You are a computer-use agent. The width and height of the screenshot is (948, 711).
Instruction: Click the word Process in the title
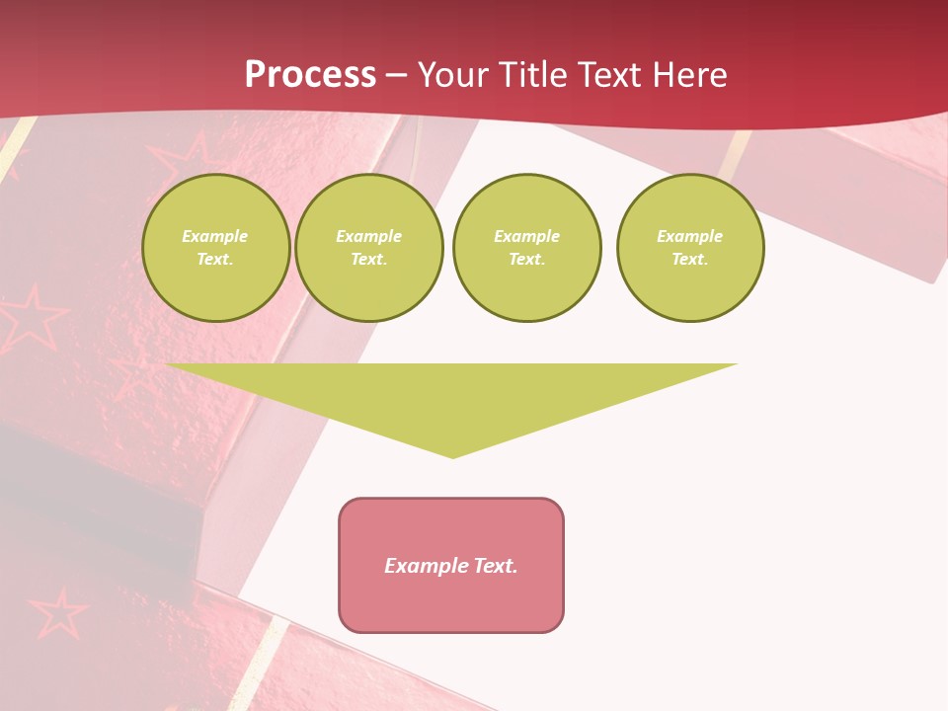tap(310, 75)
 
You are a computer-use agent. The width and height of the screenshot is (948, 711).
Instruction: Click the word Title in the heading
tap(533, 75)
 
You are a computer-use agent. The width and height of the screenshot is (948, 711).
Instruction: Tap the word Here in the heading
tap(689, 75)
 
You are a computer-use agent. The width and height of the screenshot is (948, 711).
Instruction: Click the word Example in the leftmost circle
tap(215, 236)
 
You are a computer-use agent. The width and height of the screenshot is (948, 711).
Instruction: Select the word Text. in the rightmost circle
tap(690, 259)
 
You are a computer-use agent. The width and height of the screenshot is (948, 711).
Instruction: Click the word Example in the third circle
tap(527, 236)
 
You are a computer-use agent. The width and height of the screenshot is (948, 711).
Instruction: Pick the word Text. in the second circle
tap(369, 259)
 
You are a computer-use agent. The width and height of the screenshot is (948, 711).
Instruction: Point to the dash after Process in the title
tap(397, 75)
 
